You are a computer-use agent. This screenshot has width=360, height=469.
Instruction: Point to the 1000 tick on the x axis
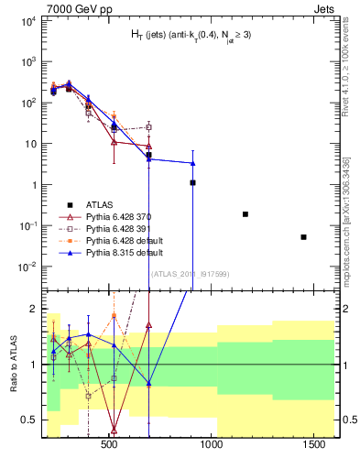pyautogui.click(x=213, y=444)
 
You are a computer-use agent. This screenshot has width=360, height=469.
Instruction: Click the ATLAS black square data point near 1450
pyautogui.click(x=303, y=237)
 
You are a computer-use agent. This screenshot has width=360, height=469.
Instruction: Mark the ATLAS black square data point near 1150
pyautogui.click(x=245, y=214)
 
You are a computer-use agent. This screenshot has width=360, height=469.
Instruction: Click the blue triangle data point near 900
pyautogui.click(x=192, y=164)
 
